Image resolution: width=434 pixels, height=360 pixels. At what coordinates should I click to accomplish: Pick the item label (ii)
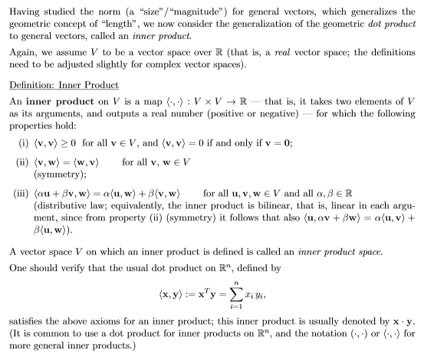tap(19, 178)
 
